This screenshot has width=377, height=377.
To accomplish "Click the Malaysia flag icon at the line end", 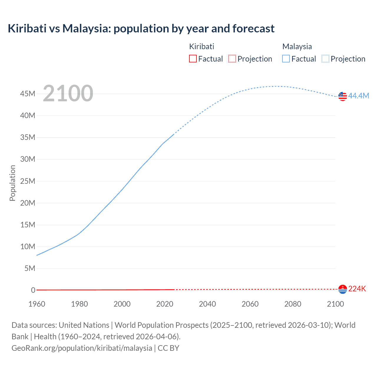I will pyautogui.click(x=343, y=96).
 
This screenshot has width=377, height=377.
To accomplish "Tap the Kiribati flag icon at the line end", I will pyautogui.click(x=343, y=289).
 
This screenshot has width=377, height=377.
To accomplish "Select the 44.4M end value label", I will pyautogui.click(x=358, y=96).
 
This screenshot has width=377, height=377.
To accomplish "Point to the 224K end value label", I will pyautogui.click(x=357, y=289).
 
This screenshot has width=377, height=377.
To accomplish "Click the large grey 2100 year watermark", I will pyautogui.click(x=68, y=93).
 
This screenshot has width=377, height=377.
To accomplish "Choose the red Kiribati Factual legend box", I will pyautogui.click(x=193, y=59).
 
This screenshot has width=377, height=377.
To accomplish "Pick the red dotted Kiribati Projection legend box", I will pyautogui.click(x=232, y=59).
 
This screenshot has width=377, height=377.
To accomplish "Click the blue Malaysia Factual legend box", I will pyautogui.click(x=286, y=59).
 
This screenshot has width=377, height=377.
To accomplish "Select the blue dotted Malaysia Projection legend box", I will pyautogui.click(x=325, y=59).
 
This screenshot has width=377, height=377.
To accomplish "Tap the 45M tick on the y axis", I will pyautogui.click(x=28, y=94).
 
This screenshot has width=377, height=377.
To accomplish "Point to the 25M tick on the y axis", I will pyautogui.click(x=28, y=181).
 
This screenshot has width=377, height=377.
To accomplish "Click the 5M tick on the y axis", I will pyautogui.click(x=30, y=268).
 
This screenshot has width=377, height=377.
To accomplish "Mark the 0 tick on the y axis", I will pyautogui.click(x=33, y=290).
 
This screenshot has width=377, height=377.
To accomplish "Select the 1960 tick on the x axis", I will pyautogui.click(x=37, y=304).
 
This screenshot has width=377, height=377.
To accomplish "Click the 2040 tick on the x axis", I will pyautogui.click(x=207, y=304).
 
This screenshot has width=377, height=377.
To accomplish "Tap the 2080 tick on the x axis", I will pyautogui.click(x=293, y=304).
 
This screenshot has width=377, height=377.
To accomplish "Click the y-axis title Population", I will pyautogui.click(x=12, y=183).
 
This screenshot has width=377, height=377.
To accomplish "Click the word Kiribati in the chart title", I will pyautogui.click(x=27, y=29).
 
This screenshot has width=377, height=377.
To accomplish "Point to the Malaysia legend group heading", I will pyautogui.click(x=297, y=47).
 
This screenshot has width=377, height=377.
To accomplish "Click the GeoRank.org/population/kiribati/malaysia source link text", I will pyautogui.click(x=82, y=348).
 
